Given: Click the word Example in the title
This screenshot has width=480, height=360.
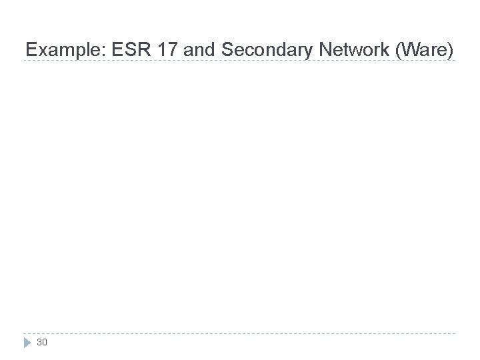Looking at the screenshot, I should pyautogui.click(x=56, y=49).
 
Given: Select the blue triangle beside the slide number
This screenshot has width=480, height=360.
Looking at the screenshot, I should pyautogui.click(x=27, y=343).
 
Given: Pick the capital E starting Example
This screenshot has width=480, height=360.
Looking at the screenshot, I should pyautogui.click(x=30, y=49).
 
